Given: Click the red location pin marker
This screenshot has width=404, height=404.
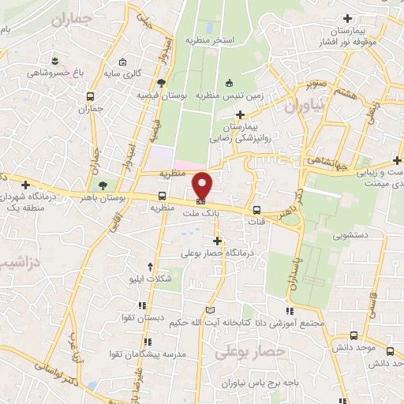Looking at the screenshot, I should click(203, 186).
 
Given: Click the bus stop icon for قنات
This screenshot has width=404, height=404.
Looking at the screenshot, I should click(257, 211).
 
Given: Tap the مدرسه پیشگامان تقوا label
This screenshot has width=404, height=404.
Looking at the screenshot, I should click(162, 354).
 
